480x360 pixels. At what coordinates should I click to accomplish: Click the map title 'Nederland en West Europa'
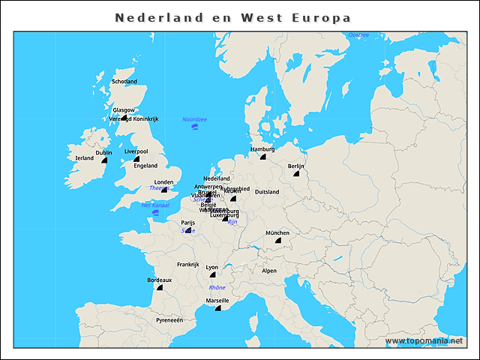coord(232,17)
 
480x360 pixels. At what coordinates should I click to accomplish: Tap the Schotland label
coord(124,81)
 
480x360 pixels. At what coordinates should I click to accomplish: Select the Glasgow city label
coord(123,109)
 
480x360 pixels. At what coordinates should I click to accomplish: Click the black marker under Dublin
coord(104,160)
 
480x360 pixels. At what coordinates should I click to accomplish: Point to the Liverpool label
coord(136,151)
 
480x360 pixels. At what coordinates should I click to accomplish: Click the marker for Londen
coord(164,190)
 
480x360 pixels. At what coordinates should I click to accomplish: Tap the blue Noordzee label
coord(195,119)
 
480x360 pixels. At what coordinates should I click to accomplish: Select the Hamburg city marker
coord(262,157)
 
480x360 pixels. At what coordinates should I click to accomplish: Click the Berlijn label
coord(296,166)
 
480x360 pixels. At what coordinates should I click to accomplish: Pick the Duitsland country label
coord(267,192)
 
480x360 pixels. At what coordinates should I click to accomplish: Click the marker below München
coord(277,241)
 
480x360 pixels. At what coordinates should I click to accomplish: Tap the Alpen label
coord(268,271)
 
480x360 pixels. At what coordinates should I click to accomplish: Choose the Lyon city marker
coord(212,274)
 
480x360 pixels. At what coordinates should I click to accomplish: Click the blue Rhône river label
coord(217,287)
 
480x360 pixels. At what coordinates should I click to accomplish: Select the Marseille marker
coord(217,308)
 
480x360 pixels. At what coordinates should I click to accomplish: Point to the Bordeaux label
coord(159,280)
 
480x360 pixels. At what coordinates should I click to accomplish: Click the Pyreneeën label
coord(169,319)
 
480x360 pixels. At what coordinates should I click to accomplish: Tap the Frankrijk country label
coord(187,264)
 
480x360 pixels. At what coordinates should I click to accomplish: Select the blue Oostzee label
coord(358,35)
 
